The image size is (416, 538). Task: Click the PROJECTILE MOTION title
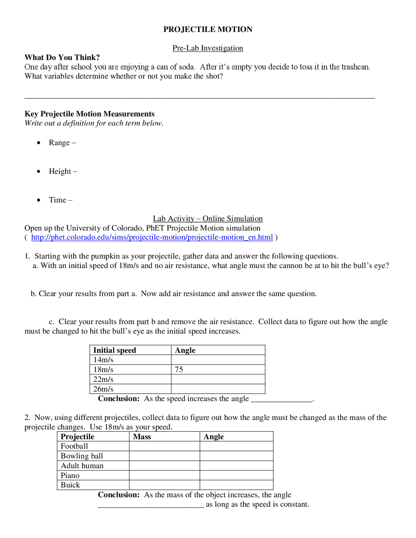pyautogui.click(x=208, y=30)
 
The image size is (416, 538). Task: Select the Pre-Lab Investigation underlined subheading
pyautogui.click(x=208, y=48)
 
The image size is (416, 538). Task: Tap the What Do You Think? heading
pyautogui.click(x=62, y=58)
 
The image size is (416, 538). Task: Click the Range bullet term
pyautogui.click(x=59, y=143)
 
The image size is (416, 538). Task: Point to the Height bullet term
pyautogui.click(x=60, y=171)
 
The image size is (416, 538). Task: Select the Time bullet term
pyautogui.click(x=58, y=200)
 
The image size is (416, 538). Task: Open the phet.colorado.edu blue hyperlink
pyautogui.click(x=152, y=237)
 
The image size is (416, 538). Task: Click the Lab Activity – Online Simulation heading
pyautogui.click(x=208, y=219)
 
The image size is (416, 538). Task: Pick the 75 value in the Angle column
pyautogui.click(x=179, y=369)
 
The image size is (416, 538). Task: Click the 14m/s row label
pyautogui.click(x=103, y=360)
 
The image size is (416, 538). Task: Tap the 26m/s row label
pyautogui.click(x=103, y=389)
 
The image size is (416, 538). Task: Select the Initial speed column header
pyautogui.click(x=114, y=350)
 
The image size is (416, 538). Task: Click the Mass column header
pyautogui.click(x=142, y=437)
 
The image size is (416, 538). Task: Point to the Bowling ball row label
pyautogui.click(x=82, y=456)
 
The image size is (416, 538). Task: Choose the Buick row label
pyautogui.click(x=70, y=485)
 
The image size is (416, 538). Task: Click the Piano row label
pyautogui.click(x=70, y=475)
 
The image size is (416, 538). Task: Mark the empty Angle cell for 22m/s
pyautogui.click(x=218, y=379)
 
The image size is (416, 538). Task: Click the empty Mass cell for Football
pyautogui.click(x=164, y=446)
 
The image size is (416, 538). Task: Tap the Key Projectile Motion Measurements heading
pyautogui.click(x=89, y=114)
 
